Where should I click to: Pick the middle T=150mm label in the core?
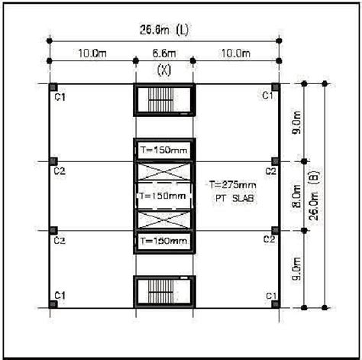tap(162, 196)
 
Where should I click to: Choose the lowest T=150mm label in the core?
tap(162, 241)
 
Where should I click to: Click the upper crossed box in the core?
tap(162, 170)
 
